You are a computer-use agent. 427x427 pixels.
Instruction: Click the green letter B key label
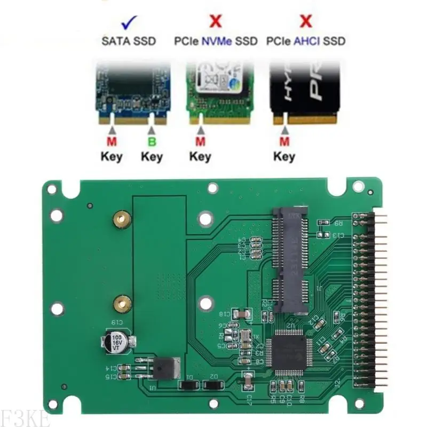(151, 142)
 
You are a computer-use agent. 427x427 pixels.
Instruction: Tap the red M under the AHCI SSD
(284, 142)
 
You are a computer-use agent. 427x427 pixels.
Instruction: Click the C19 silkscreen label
(116, 322)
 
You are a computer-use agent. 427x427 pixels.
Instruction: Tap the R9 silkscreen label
(337, 224)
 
